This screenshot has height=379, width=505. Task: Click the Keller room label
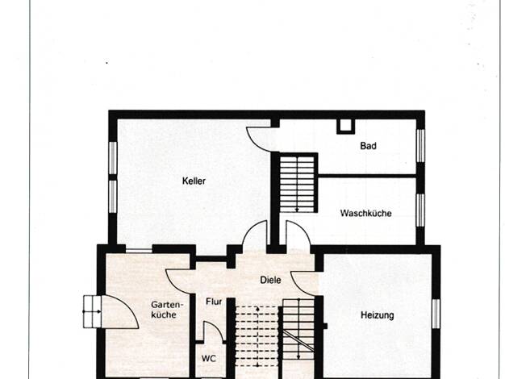coord(194,181)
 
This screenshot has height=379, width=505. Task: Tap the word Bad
coord(368,146)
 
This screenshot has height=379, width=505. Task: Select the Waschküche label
coord(366,213)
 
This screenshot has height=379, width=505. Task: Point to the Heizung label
coord(378,315)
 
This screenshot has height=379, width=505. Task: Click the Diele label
coord(270,280)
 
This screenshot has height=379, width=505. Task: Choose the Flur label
coord(214,302)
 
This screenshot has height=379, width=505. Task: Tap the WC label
coord(209,358)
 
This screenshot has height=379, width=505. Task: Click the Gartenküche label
coord(167,310)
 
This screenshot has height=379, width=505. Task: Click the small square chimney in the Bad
coord(345,126)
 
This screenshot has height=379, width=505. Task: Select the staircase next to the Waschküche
coord(297,184)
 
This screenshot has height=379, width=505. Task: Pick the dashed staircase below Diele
coord(257,336)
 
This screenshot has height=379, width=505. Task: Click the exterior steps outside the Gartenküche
coord(93,312)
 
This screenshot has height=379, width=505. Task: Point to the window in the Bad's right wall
coord(420,145)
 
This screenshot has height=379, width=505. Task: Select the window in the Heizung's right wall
coord(436,314)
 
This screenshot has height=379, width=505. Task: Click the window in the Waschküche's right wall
coord(420,210)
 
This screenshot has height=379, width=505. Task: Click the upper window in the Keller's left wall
coord(112,158)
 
